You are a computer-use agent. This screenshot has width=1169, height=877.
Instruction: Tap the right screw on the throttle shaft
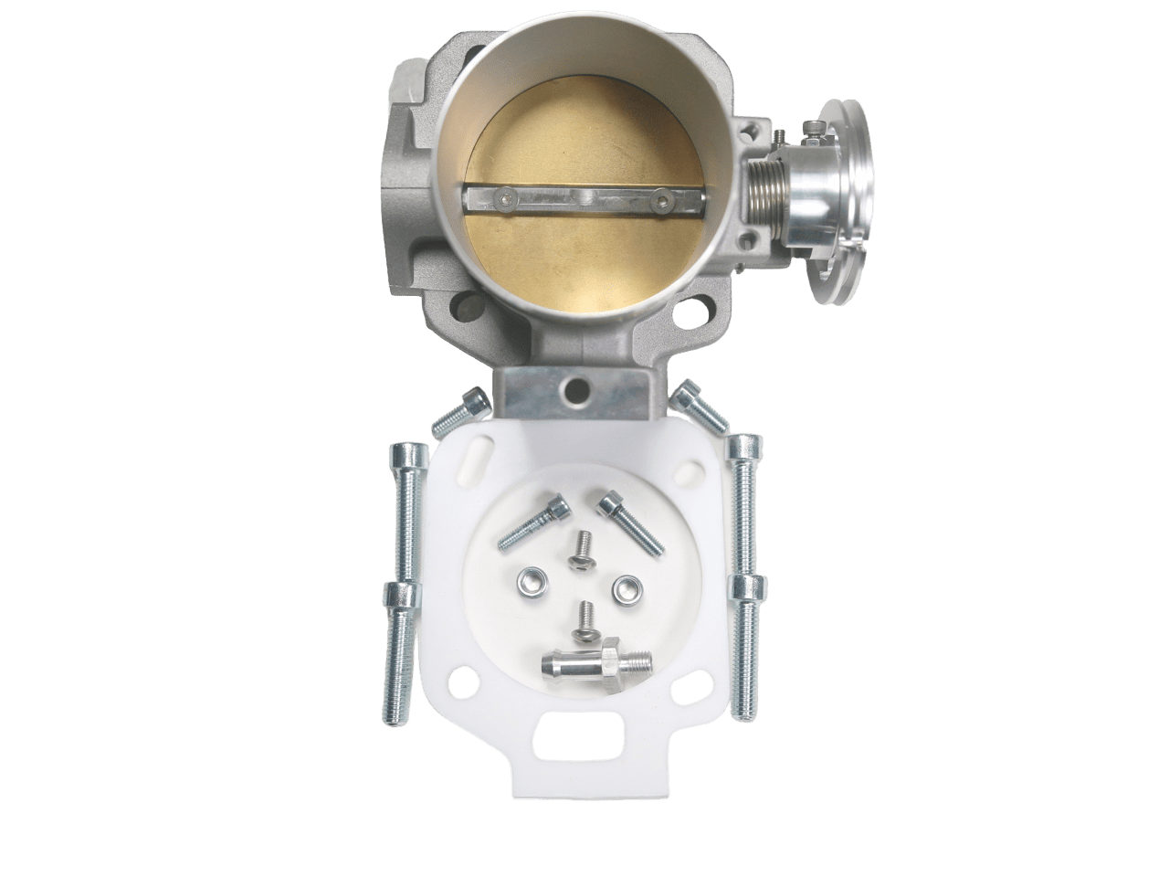tap(660, 195)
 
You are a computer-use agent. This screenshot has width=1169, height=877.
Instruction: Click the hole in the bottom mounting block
tap(575, 389)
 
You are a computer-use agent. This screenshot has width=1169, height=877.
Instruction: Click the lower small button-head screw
tap(585, 620)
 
